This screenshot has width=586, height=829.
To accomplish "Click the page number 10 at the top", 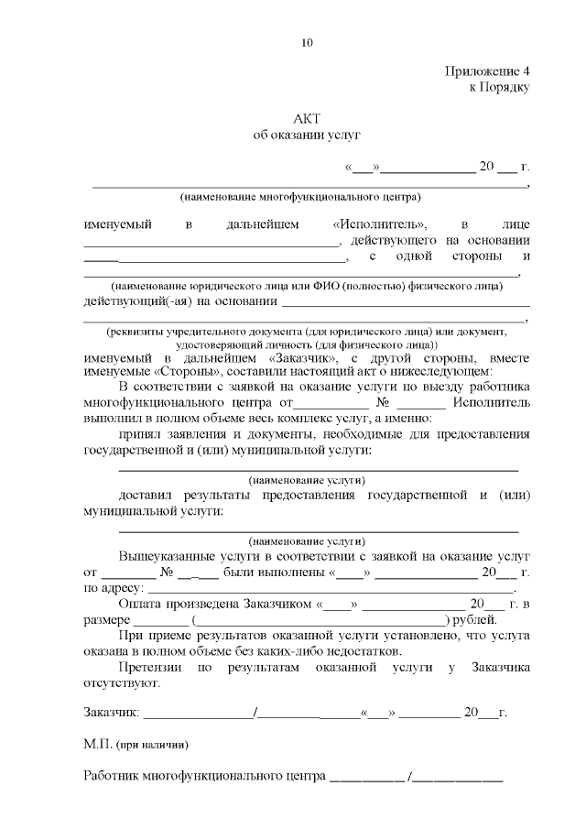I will pos(307,42).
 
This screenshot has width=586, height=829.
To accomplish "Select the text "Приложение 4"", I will pos(487,71).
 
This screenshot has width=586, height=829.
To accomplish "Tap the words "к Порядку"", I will pos(499,87).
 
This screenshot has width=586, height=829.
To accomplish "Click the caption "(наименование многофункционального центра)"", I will pos(300,196).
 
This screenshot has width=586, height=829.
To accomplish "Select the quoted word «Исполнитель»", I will pos(380,224).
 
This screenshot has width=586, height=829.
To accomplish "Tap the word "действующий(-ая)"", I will pos(134,300).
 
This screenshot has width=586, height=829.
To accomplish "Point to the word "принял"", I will pos(140,433).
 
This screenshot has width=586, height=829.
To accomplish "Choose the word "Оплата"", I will pos(140,604).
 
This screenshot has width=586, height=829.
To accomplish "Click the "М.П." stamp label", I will pos(96,744).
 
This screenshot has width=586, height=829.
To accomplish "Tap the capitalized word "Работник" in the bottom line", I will pos(112,776).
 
